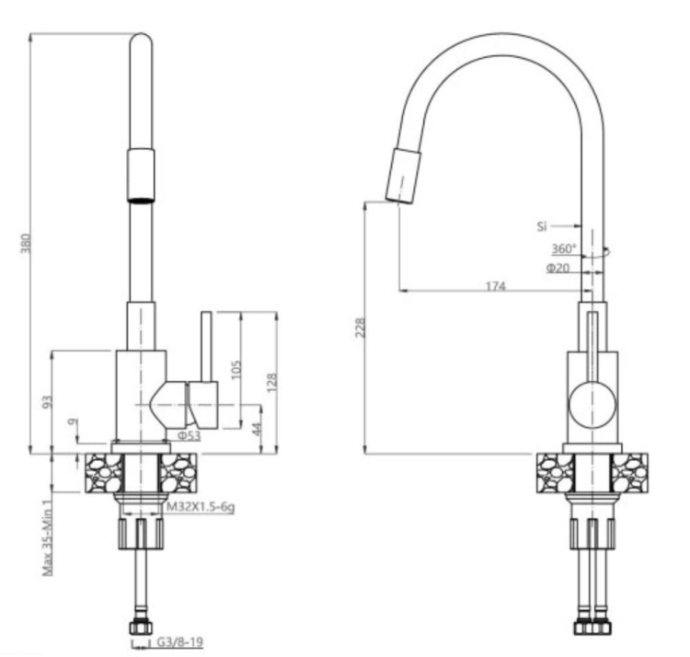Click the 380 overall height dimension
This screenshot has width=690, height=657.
26,243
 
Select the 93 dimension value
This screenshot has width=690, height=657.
48,401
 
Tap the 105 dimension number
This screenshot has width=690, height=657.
236,370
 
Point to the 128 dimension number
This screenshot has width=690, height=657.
271,382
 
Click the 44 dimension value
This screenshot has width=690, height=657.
256,428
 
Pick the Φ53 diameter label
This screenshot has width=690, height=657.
190,436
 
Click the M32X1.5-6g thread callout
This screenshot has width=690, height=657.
201,507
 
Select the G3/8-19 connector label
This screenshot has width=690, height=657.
180,642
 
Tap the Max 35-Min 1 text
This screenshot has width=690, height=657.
48,537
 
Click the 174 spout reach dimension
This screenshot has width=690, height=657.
496,286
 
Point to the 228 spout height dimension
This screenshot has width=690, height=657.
361,328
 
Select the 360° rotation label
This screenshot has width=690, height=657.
564,248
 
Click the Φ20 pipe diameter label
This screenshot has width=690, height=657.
558,268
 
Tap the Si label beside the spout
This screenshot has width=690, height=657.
542,226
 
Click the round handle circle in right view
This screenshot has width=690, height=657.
592,405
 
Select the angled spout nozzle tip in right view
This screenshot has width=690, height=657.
403,176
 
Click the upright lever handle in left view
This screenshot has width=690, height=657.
206,347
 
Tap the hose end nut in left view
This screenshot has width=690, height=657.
141,627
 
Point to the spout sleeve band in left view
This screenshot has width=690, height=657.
141,176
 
